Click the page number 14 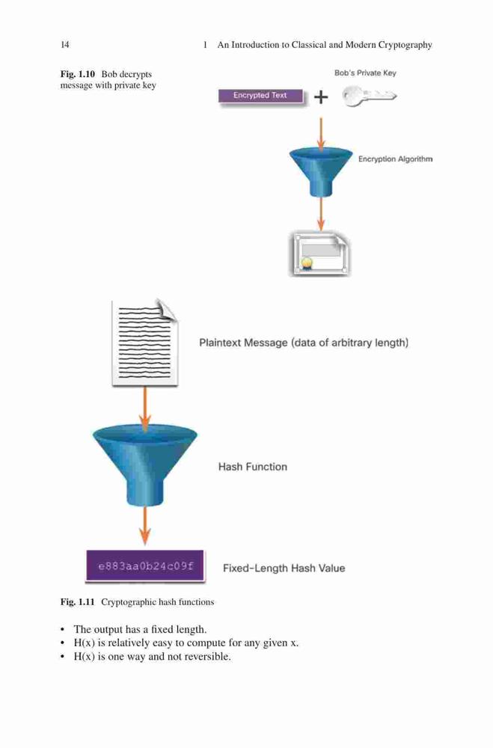tap(65, 45)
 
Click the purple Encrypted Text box tap(260, 96)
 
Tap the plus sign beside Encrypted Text tap(321, 97)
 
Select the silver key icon tap(369, 96)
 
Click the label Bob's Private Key tap(365, 73)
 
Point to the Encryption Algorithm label tap(395, 159)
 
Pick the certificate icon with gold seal tap(320, 255)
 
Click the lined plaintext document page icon tap(144, 343)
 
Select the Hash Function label tap(252, 467)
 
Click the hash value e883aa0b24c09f tap(146, 566)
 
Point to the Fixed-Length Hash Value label tap(284, 568)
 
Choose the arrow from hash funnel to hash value tap(145, 526)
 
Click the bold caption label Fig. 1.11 tap(77, 602)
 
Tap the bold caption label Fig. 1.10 tap(77, 74)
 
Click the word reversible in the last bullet tap(208, 657)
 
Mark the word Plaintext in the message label tap(219, 343)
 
